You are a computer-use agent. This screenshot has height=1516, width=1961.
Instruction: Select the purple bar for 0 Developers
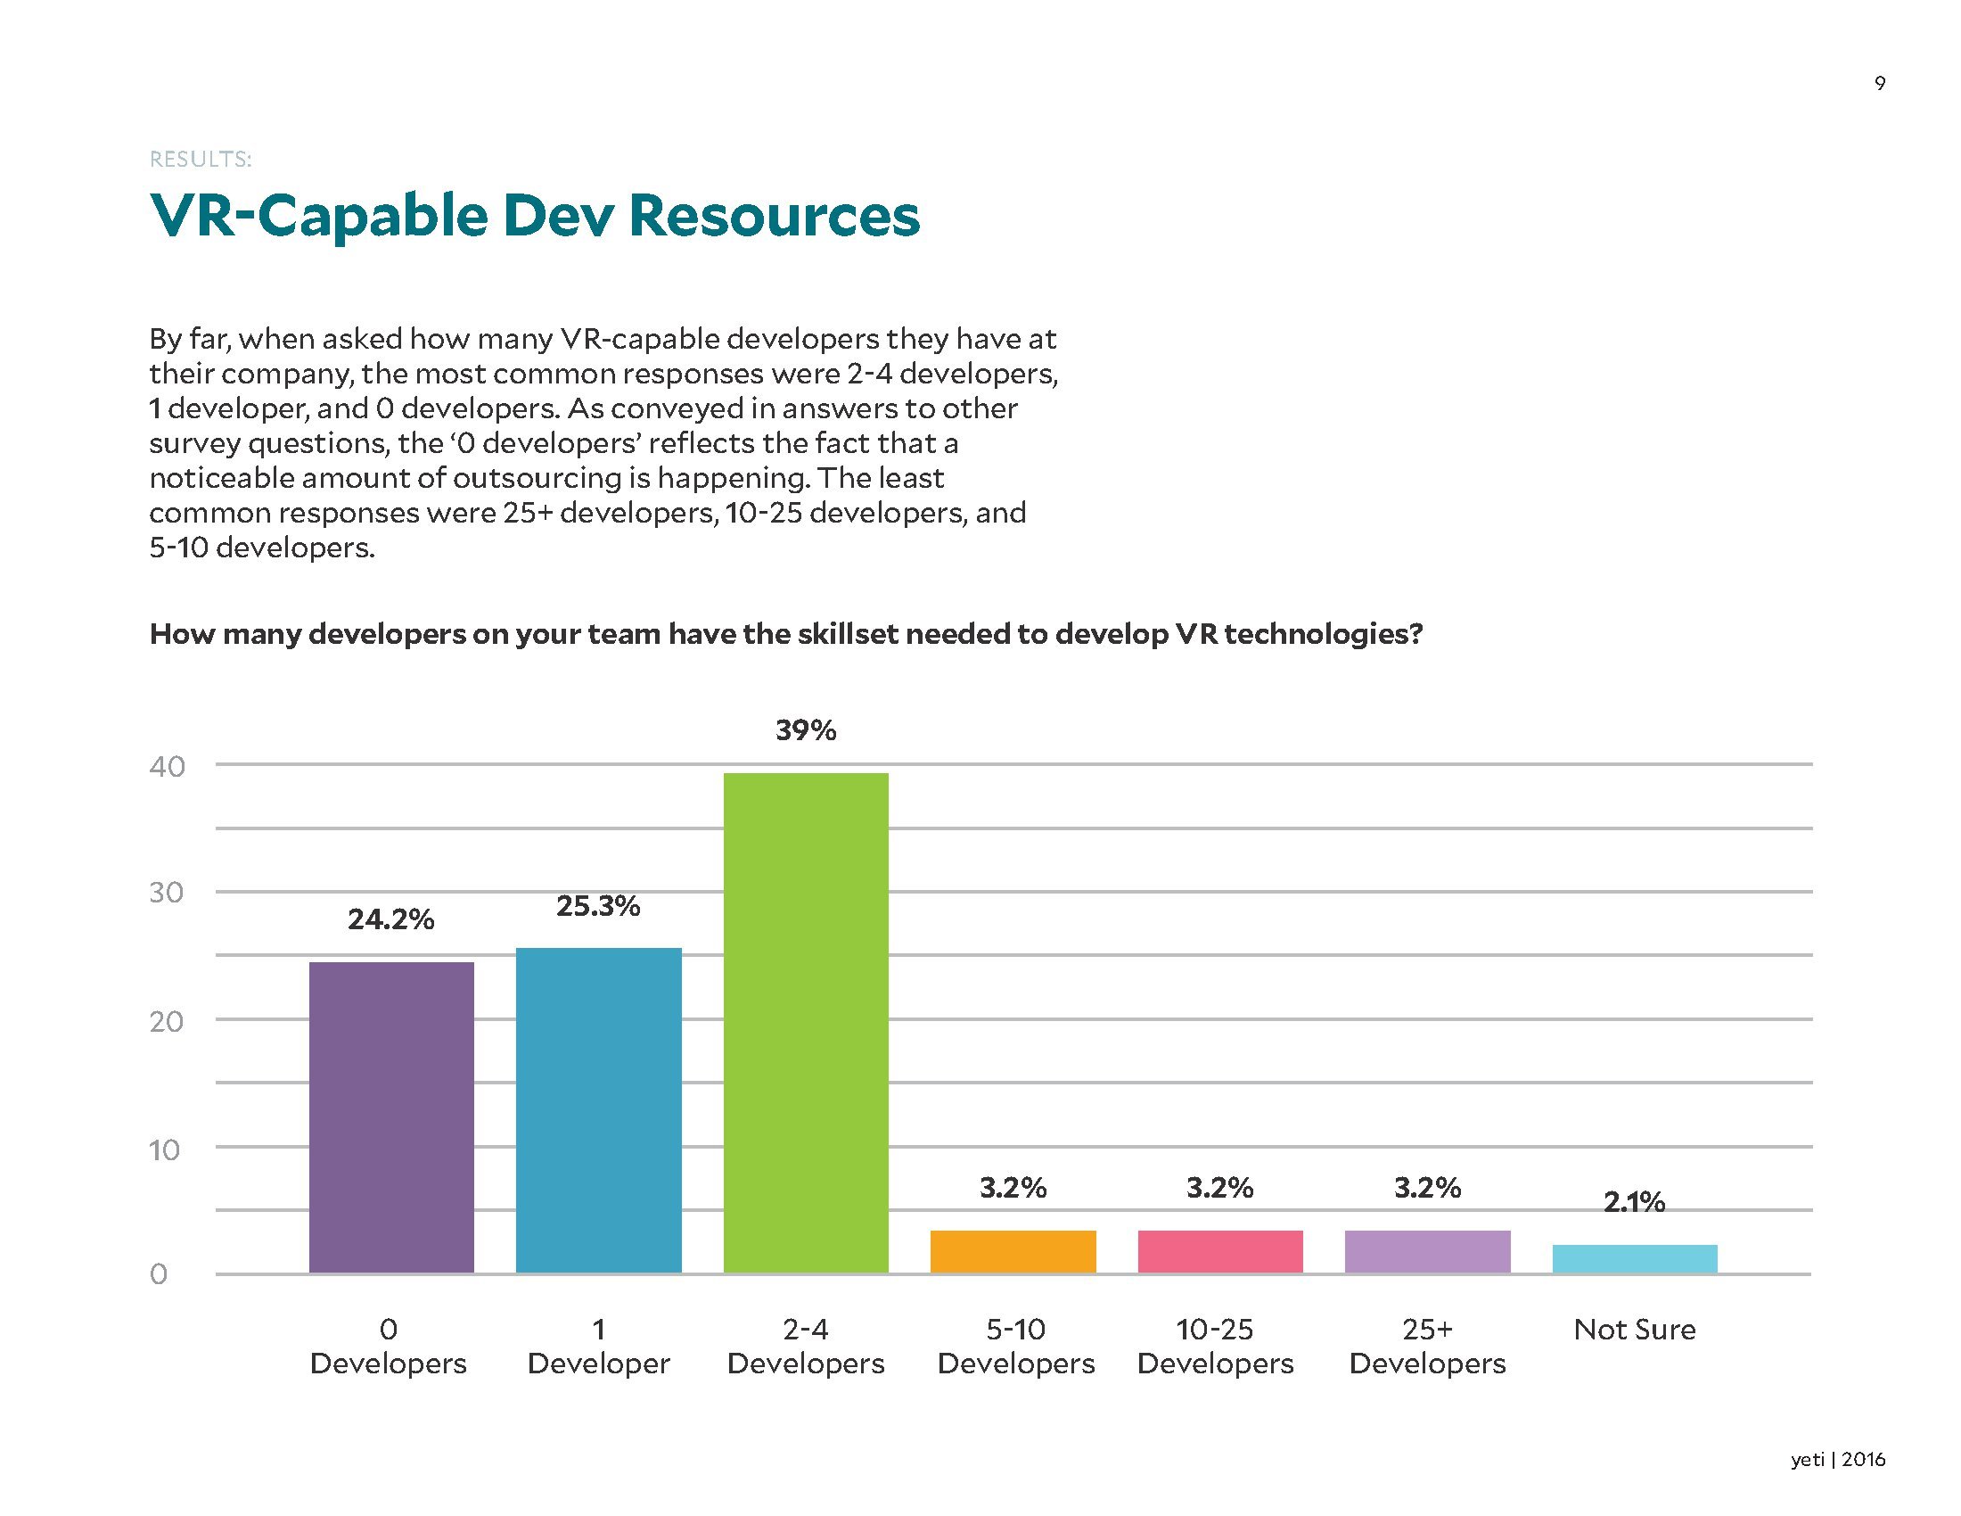click(x=390, y=1117)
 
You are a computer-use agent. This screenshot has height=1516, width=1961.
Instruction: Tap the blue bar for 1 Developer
click(x=598, y=1110)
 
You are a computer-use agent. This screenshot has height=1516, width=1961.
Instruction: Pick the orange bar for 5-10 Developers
click(x=1013, y=1251)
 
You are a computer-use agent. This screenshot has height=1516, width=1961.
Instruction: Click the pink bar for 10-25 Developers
click(x=1219, y=1251)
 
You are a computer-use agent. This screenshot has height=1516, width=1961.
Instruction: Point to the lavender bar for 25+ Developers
click(x=1427, y=1251)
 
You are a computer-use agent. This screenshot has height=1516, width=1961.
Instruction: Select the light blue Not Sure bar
click(x=1634, y=1258)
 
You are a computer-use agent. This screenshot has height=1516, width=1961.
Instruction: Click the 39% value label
click(x=806, y=730)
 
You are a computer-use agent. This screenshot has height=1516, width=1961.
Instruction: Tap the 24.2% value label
click(x=390, y=919)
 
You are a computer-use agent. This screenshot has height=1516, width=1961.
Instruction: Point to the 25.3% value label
click(x=598, y=906)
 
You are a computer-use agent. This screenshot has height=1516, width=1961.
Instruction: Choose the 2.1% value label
click(x=1634, y=1202)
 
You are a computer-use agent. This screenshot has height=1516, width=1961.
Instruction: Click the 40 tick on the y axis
click(x=167, y=766)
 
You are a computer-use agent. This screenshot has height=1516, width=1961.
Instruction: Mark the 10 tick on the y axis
click(x=165, y=1149)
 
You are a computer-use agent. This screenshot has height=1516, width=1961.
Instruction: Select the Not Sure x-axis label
click(x=1634, y=1330)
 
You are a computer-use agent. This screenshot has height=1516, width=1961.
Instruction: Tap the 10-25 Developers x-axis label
click(x=1215, y=1347)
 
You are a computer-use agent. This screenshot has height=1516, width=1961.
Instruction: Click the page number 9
click(x=1879, y=84)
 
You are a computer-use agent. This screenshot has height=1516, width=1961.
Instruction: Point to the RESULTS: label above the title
click(x=201, y=160)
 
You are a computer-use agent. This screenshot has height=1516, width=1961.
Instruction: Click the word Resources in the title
click(x=774, y=216)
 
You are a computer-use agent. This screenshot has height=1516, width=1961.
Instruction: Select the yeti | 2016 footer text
click(x=1837, y=1460)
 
